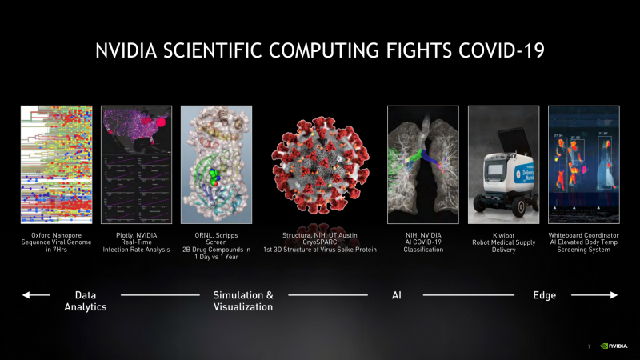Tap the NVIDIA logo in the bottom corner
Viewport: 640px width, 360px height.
point(614,346)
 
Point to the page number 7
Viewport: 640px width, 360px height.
point(589,346)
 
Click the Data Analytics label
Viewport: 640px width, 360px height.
point(85,301)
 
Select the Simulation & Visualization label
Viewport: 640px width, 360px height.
point(242,301)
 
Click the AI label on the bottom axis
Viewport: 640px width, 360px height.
point(396,295)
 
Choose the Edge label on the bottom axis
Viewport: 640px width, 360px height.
point(544,295)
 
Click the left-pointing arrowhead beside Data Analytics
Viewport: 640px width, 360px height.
point(26,295)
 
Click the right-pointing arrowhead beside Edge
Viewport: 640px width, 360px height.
point(614,295)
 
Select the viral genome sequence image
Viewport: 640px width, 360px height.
point(55,164)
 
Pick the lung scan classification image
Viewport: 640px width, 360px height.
point(422,164)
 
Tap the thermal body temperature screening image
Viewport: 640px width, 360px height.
point(583,164)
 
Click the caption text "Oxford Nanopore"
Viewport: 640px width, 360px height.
point(55,235)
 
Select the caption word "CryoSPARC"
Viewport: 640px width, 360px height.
point(319,242)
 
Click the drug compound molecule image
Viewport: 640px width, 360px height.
point(216,164)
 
